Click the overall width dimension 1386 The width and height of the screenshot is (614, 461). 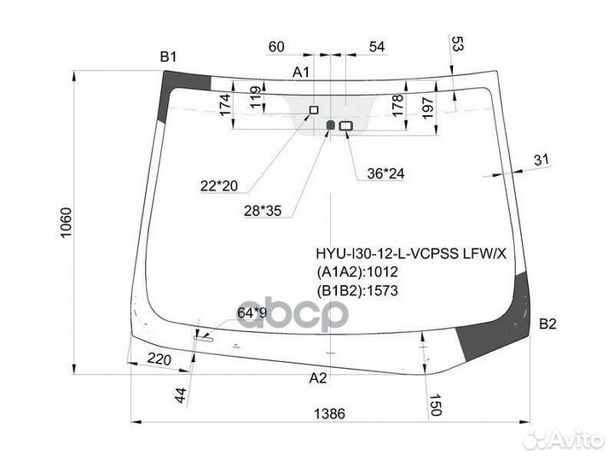click(329, 414)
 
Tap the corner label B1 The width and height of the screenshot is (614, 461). click(168, 57)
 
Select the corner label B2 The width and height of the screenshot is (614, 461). click(547, 324)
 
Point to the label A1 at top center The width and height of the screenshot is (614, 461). click(302, 73)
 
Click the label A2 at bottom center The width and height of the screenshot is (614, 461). click(317, 377)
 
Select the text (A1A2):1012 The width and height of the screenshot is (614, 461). click(357, 272)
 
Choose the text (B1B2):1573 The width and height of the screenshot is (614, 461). click(357, 290)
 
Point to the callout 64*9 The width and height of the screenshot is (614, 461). click(252, 313)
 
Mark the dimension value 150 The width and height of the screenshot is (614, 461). click(436, 400)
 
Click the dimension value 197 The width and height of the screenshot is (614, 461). click(430, 108)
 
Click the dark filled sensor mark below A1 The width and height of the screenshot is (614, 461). click(332, 125)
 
